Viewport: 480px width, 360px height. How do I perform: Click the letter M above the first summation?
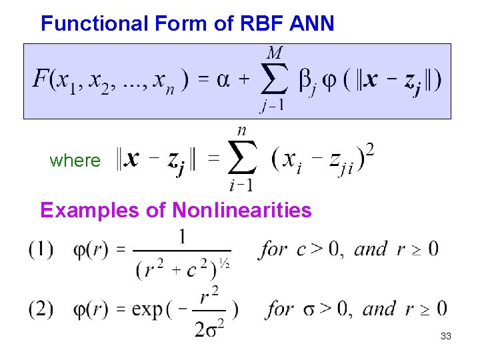click(274, 52)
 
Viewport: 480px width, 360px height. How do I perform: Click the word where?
click(75, 161)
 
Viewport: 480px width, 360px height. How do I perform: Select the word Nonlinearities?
click(242, 211)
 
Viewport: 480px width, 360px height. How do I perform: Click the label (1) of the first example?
click(41, 250)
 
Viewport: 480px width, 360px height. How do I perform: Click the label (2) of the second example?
click(41, 309)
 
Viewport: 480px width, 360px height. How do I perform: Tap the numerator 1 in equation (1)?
click(182, 236)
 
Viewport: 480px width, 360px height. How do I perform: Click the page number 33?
click(445, 337)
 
